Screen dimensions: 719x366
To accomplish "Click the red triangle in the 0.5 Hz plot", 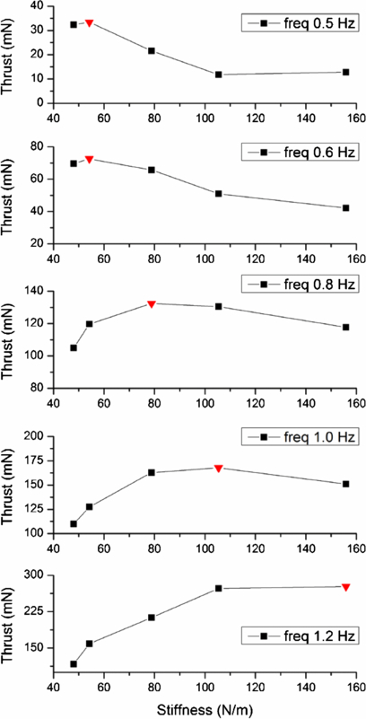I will [89, 22].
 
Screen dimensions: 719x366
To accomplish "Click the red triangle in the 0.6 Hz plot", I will [89, 159].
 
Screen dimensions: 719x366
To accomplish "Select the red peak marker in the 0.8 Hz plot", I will [152, 303].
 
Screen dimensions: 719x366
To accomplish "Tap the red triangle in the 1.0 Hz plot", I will [218, 468].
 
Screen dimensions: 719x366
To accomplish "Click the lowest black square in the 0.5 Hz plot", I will [218, 75].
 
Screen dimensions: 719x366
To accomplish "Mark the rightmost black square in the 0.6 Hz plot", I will [345, 207].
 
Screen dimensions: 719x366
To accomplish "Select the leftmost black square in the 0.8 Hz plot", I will [74, 347].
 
